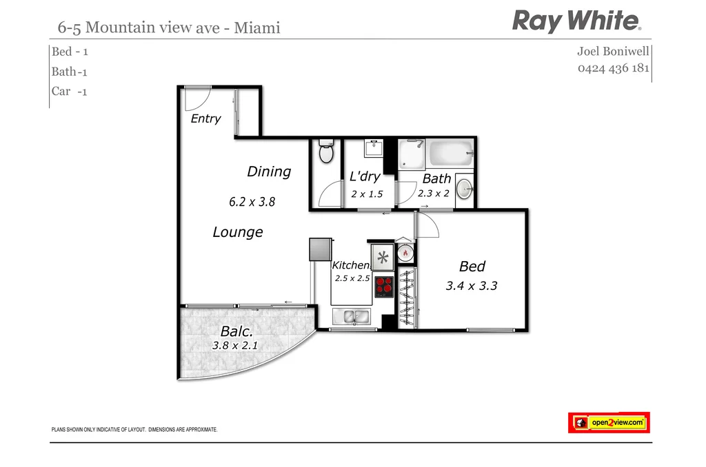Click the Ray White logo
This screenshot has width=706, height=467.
[x=576, y=21]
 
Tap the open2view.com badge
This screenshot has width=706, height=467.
[x=609, y=422]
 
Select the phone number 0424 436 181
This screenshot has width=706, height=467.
[x=614, y=69]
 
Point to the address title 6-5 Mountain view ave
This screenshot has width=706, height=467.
[x=169, y=28]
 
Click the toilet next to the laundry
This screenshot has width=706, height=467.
[x=326, y=152]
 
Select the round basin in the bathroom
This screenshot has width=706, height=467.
[x=465, y=188]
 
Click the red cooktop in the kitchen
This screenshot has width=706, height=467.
[x=383, y=287]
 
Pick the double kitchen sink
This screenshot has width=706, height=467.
[x=352, y=317]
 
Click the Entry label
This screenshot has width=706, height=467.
[x=205, y=119]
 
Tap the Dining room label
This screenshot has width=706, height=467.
[x=269, y=172]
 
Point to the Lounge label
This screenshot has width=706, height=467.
[x=238, y=232]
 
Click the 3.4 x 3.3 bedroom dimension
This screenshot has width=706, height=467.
[x=472, y=285]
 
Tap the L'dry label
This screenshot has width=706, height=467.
[x=365, y=177]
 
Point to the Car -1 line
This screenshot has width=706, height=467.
[x=70, y=91]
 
